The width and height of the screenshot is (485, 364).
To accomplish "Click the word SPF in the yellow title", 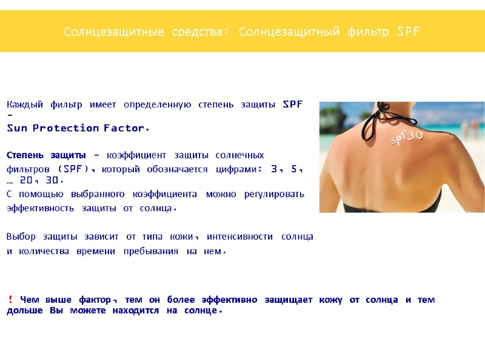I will coord(408,31).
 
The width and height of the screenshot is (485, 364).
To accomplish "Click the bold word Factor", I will coord(126,128).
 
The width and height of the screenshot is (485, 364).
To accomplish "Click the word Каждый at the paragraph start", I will coord(25,104).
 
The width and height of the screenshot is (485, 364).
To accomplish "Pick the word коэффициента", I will coord(163,194).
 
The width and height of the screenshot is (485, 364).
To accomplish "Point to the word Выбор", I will coord(21,237).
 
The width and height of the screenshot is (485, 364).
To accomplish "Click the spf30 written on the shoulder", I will coord(407,138).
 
